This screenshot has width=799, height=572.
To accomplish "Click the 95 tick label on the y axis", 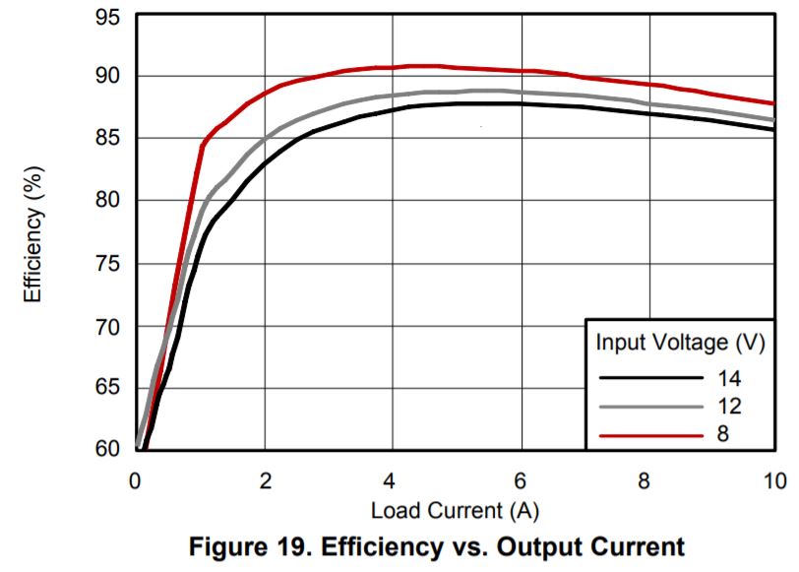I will click(x=109, y=16).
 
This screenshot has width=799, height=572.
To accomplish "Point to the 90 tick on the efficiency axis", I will click(x=109, y=76).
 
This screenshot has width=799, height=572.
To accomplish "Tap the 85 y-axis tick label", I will click(x=109, y=139).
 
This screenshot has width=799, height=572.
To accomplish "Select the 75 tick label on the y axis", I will click(x=109, y=264).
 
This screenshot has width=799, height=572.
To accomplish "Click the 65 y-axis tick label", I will click(x=109, y=388).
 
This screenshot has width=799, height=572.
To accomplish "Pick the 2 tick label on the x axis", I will click(x=265, y=480).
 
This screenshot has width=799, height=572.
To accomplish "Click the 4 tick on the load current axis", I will click(x=392, y=480).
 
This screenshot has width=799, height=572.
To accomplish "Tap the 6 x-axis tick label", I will click(x=520, y=480).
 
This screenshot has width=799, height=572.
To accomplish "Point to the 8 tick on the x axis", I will click(x=646, y=480).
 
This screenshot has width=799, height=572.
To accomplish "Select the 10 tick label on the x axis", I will click(x=774, y=480).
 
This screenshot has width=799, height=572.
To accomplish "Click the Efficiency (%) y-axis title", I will click(x=33, y=232).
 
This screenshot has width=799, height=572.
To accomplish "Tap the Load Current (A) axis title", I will click(x=455, y=511).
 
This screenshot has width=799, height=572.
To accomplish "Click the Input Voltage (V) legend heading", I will click(x=680, y=343).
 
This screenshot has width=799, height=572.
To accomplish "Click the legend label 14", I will click(x=728, y=378).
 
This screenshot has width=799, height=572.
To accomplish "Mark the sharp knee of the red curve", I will click(x=203, y=145).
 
